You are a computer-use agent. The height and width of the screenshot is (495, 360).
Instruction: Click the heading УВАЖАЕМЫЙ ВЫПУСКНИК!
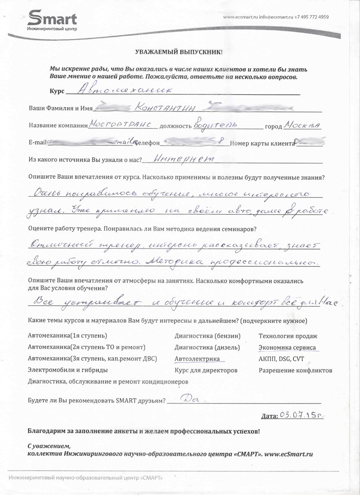pos(178,52)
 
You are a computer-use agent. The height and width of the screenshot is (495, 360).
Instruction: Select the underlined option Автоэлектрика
pos(197,359)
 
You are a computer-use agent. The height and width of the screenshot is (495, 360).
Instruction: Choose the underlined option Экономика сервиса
pos(287,348)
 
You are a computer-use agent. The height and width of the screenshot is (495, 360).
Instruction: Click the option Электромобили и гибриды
pos(68,370)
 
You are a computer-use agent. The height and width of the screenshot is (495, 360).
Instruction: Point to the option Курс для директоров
pos(206,370)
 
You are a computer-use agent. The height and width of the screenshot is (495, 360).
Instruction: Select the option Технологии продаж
pos(288,336)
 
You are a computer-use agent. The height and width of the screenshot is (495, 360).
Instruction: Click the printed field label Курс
pos(57,91)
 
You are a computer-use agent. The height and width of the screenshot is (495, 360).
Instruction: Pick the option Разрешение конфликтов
pos(295,370)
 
